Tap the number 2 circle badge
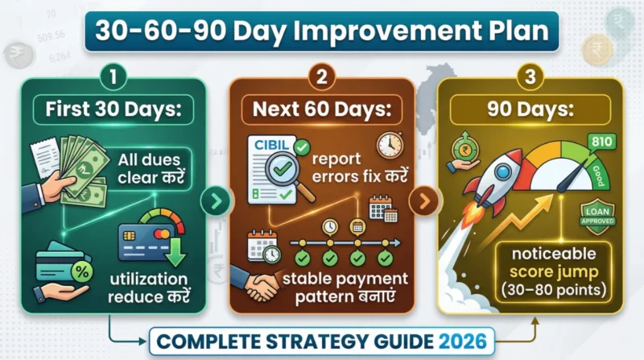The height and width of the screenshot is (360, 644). [322, 77]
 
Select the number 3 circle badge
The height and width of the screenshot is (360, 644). [532, 77]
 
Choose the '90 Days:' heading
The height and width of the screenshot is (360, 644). [532, 110]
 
